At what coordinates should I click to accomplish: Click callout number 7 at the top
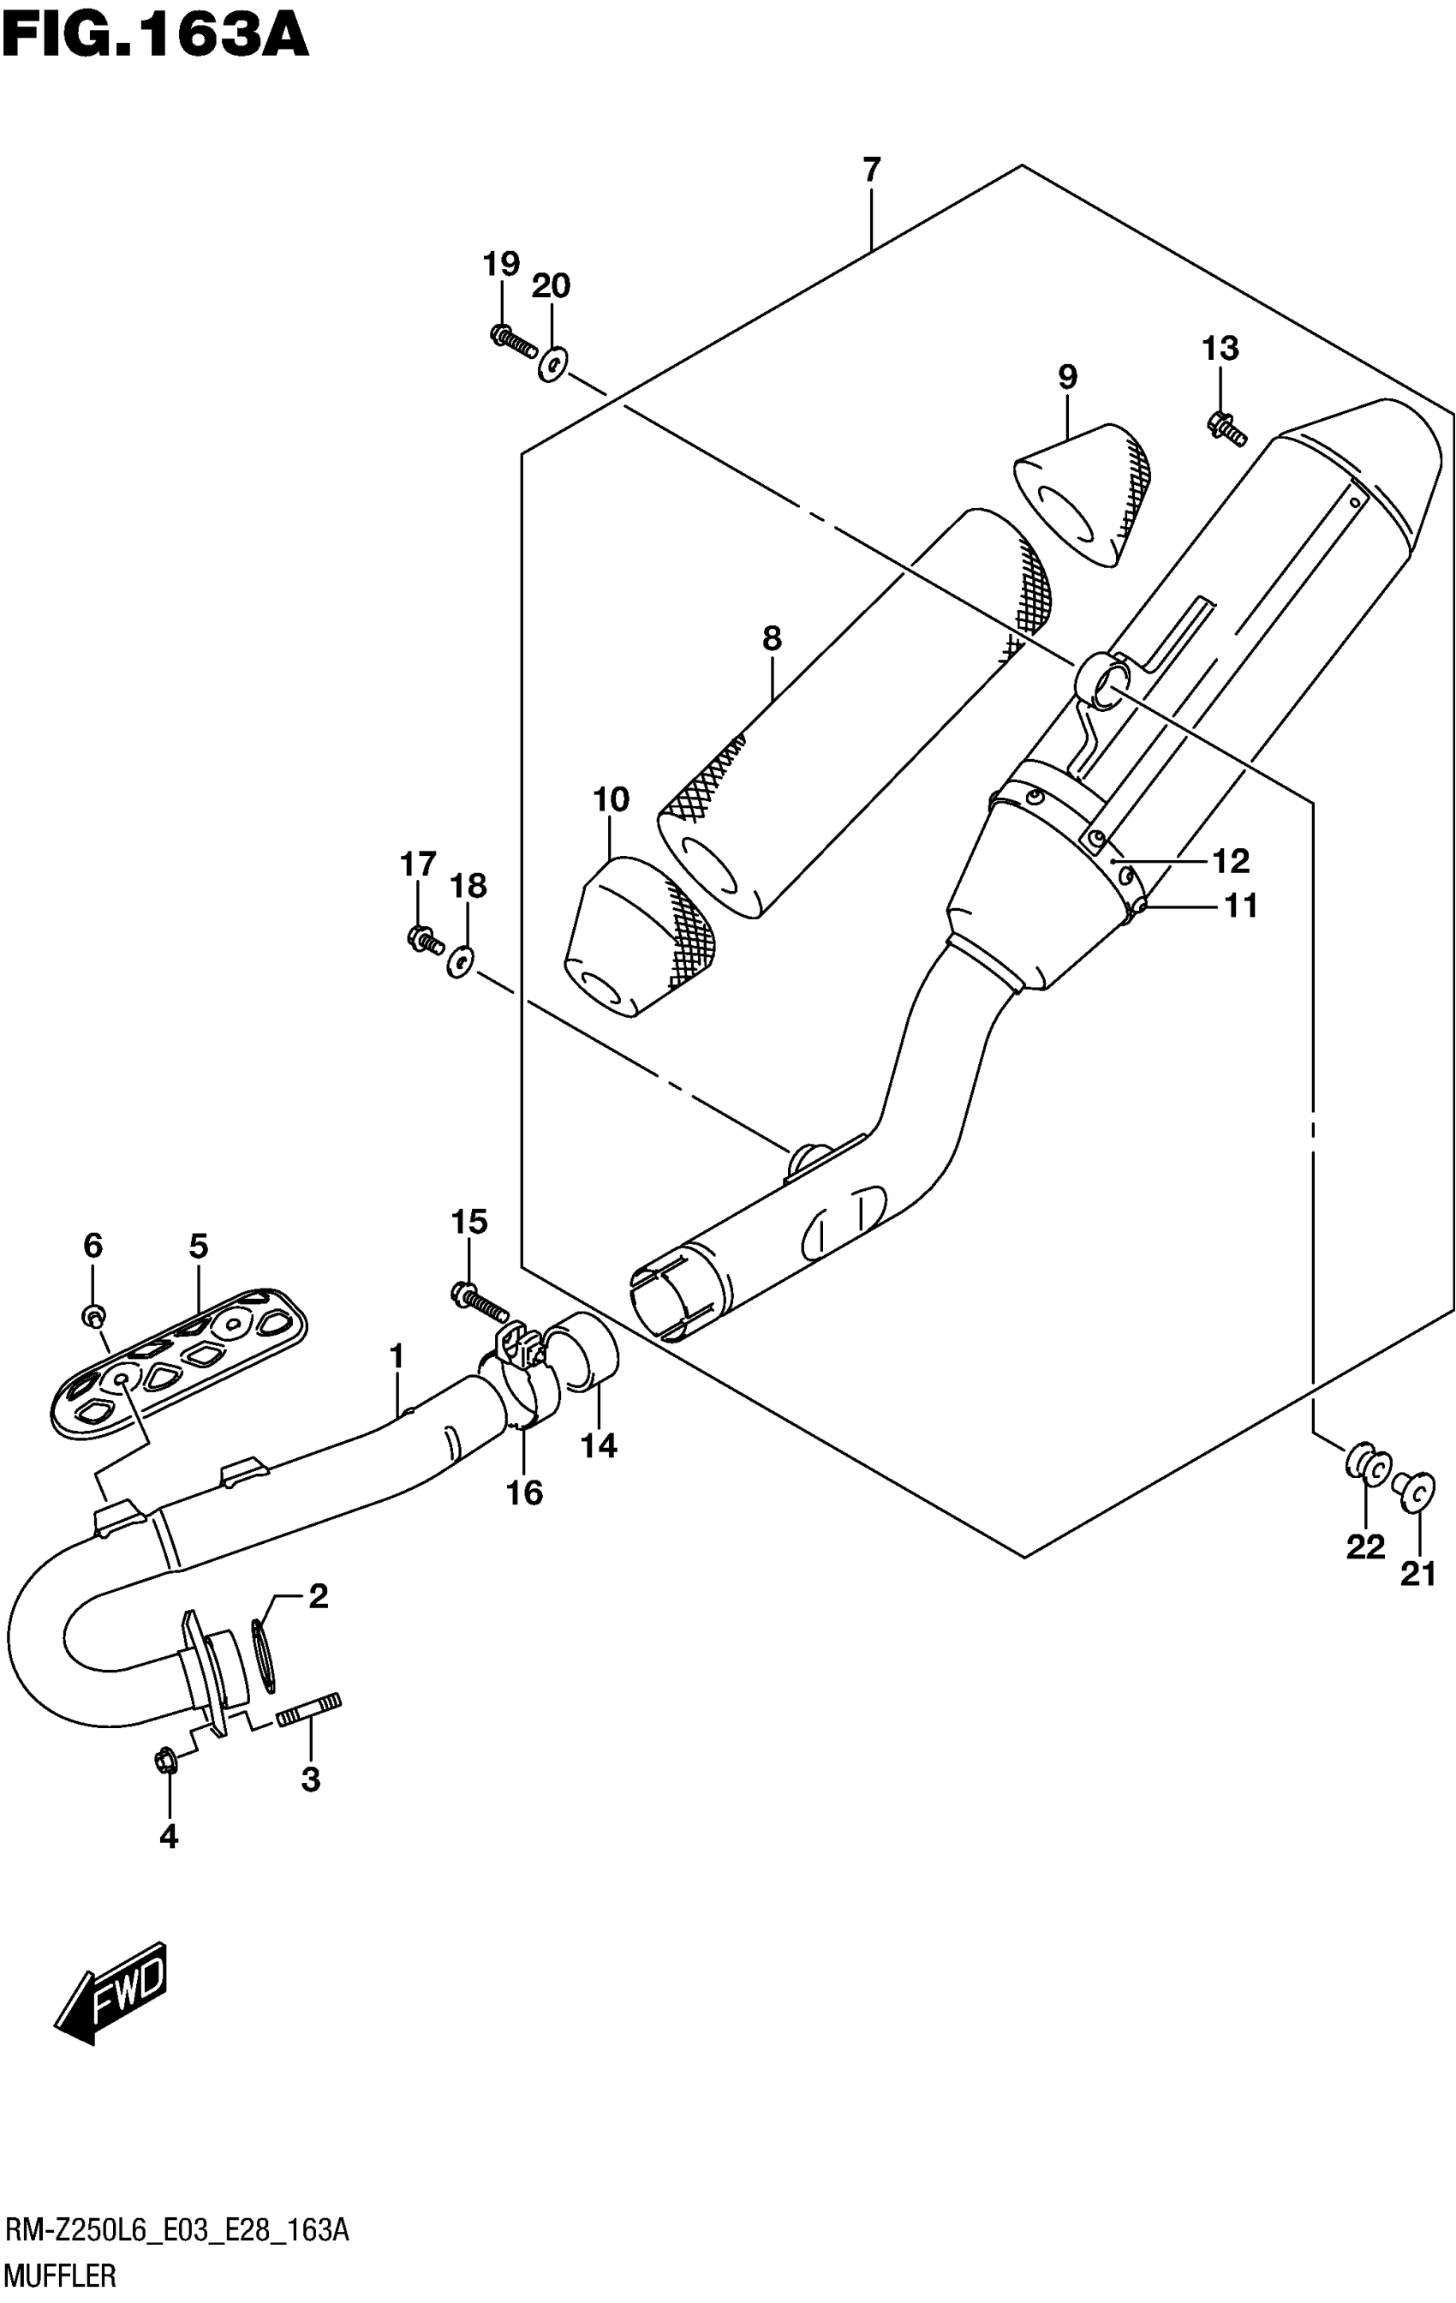coord(870,170)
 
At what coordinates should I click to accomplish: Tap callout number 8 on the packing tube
coord(772,638)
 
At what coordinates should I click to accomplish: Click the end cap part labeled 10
coord(641,936)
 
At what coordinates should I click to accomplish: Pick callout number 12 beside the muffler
coord(1231,861)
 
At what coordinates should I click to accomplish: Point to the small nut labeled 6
coord(93,1316)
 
